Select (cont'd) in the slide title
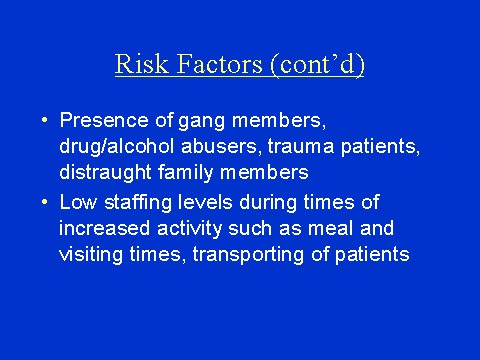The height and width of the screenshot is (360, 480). pyautogui.click(x=315, y=66)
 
